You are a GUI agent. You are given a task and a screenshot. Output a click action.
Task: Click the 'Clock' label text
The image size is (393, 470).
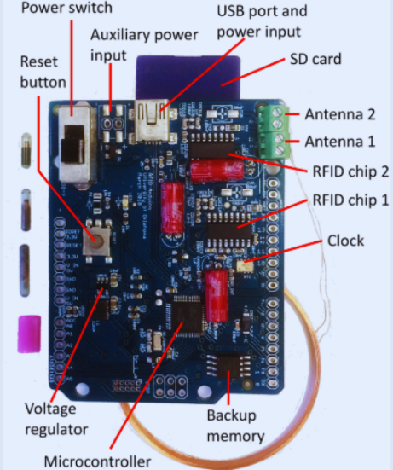click(345, 241)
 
